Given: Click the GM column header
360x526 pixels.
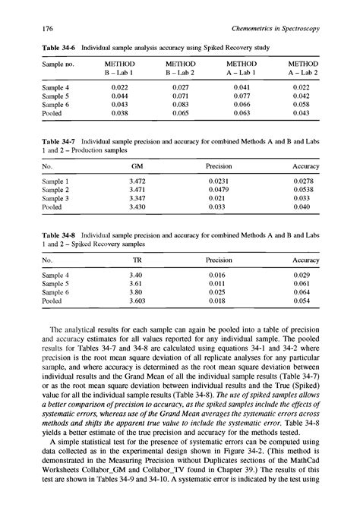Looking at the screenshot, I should coord(136,165).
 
